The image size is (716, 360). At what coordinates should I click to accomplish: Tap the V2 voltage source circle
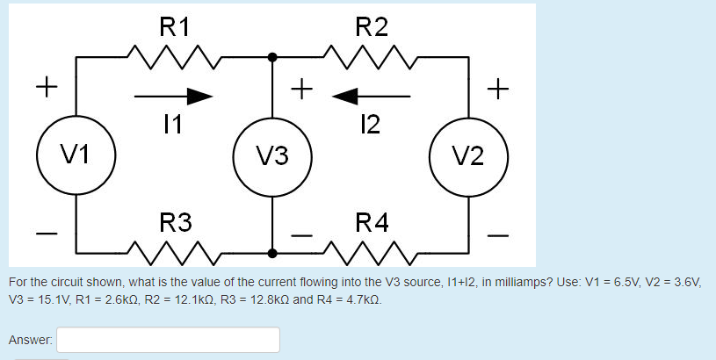(468, 156)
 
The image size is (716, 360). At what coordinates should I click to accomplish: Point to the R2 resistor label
(370, 25)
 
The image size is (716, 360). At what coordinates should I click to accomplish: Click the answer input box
(169, 340)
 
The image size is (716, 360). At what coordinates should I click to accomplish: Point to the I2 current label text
(370, 125)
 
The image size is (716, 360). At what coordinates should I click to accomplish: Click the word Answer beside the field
(30, 339)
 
